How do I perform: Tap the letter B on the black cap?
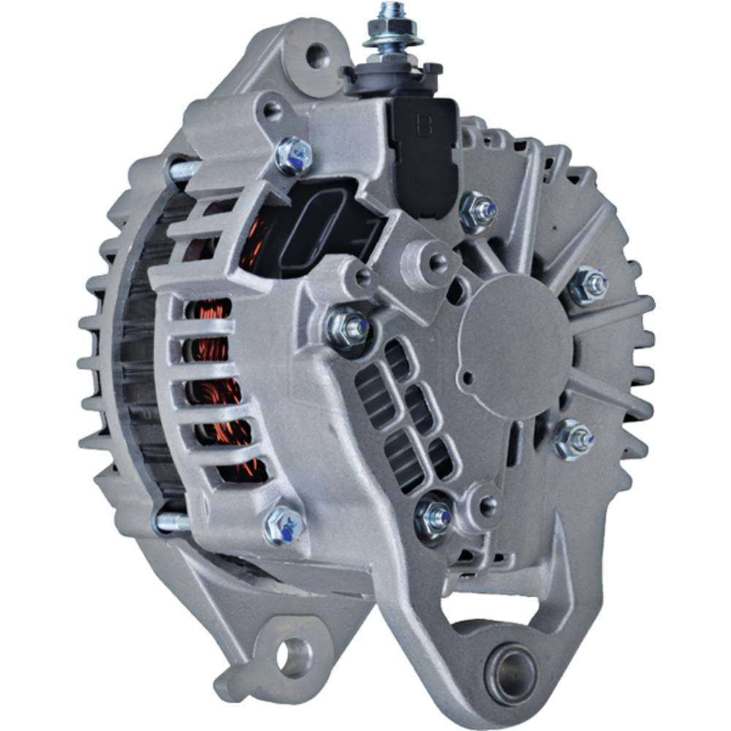point(423,124)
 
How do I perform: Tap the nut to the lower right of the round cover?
point(573,438)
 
